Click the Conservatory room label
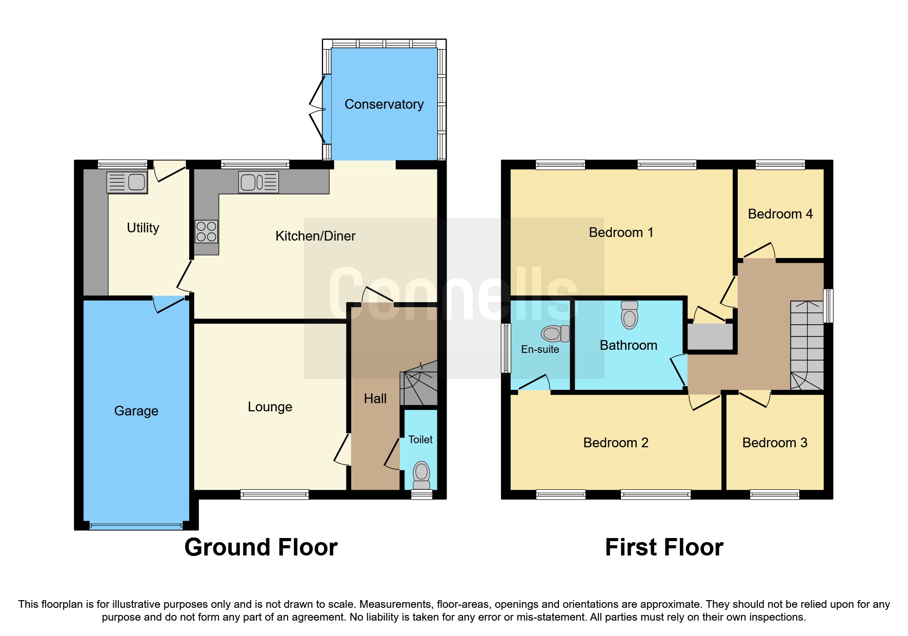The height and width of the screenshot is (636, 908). coord(384,104)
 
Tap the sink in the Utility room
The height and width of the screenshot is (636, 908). coord(127,182)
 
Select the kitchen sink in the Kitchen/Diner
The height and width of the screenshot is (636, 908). coord(258,182)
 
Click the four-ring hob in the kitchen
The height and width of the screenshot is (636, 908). coord(206,231)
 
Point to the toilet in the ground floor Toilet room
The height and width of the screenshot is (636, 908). coord(421,474)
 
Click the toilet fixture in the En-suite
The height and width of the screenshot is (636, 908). coord(555,333)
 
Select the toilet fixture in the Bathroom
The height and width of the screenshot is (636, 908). coord(630,314)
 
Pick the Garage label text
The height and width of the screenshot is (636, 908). coord(136,411)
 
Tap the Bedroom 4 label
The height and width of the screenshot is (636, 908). coord(780,214)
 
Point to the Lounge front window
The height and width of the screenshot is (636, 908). coord(274,494)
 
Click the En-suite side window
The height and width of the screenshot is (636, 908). coord(506,348)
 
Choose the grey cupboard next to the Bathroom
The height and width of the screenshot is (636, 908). coord(710,336)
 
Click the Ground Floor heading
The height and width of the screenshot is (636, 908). coord(261,547)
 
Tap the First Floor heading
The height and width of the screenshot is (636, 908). coord(664,547)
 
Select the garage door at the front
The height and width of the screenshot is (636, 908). coord(136,525)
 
